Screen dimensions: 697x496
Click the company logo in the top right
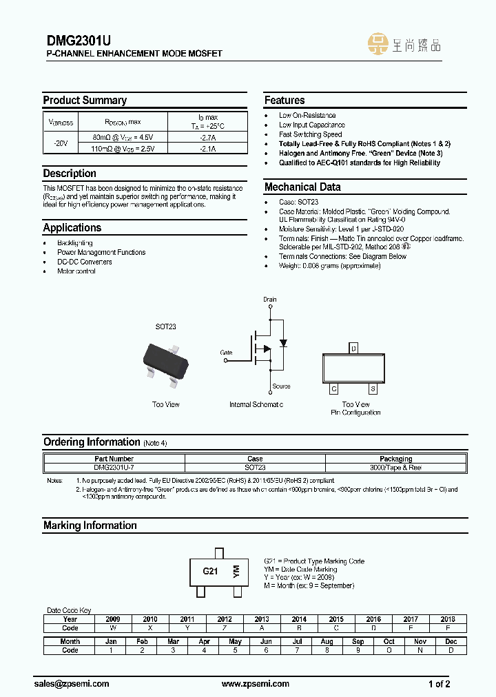pos(405,45)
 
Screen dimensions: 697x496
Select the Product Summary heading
pos(85,101)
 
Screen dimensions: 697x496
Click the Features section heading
pos(285,101)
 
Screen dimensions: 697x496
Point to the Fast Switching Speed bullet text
pos(310,134)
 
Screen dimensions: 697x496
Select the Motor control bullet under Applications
pos(76,271)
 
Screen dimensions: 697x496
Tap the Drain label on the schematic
pos(269,300)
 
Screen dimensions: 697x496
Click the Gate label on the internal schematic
pos(226,352)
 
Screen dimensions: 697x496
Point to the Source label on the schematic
pos(281,386)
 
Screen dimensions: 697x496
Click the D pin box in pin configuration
pos(353,348)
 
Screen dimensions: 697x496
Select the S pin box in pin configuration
pos(373,389)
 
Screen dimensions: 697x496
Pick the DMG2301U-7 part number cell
pos(114,468)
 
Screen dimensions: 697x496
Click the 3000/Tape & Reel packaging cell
pos(395,468)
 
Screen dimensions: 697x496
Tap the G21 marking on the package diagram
pos(210,572)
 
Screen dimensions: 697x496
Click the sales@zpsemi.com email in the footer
pos(72,684)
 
